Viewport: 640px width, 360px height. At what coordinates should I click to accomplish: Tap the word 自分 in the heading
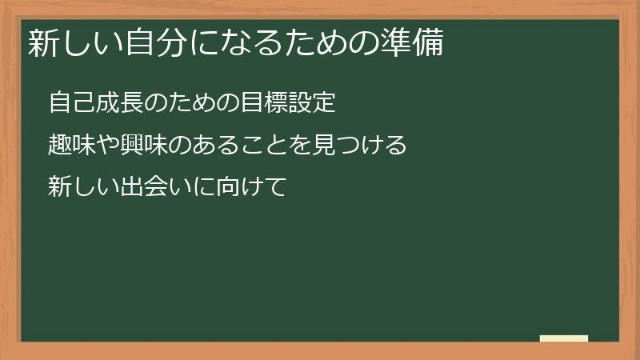point(154,43)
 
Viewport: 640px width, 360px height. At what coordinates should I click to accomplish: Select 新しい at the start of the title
point(75,43)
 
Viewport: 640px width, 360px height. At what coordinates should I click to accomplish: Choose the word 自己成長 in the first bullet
point(96,104)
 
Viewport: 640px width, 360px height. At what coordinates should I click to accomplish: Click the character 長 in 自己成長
point(132,104)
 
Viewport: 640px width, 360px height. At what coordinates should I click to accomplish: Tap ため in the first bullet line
point(192,104)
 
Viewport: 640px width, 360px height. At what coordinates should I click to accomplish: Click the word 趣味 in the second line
point(72,146)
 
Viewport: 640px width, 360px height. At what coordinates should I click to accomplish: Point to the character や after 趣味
point(108,146)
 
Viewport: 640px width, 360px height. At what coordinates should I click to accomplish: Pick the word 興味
point(144,146)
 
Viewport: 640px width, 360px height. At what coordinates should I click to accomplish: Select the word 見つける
point(359,146)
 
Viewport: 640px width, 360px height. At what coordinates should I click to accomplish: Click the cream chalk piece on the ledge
point(564,338)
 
